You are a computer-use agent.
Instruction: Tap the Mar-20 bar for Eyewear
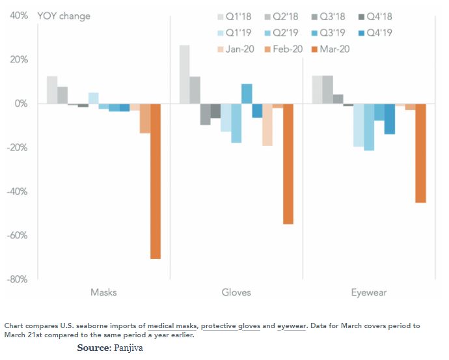pos(420,153)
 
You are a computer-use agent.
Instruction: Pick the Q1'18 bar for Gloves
pos(185,74)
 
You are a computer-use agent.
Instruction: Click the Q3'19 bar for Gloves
pos(247,94)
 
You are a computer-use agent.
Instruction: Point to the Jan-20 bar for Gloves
pos(267,124)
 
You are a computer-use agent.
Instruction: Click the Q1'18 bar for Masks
pos(52,90)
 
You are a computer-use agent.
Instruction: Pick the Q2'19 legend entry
pos(282,33)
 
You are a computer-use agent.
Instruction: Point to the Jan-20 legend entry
pos(236,49)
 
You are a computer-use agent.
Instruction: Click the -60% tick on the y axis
pos(18,235)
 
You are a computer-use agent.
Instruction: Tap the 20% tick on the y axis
pos(19,59)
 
